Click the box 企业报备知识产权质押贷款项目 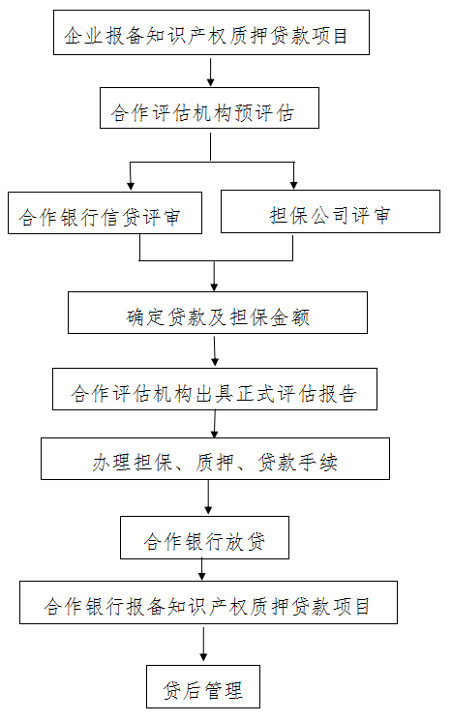(x=211, y=32)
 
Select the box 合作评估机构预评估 (x=209, y=107)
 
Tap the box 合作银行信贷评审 (x=105, y=213)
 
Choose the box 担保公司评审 (x=330, y=211)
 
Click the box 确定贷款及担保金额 (x=218, y=313)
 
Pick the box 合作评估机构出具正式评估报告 (x=215, y=389)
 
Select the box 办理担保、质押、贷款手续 (x=216, y=459)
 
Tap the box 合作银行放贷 (x=205, y=537)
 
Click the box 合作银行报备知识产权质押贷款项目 (x=208, y=602)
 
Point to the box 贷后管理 (x=203, y=686)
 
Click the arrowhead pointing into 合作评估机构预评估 (x=210, y=82)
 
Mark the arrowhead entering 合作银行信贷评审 (x=131, y=186)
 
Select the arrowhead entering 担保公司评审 (x=294, y=184)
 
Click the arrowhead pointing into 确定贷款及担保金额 (x=214, y=286)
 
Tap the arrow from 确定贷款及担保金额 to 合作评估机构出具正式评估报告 (x=215, y=351)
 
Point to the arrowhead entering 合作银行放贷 (x=208, y=510)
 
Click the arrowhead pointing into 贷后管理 (x=203, y=657)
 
